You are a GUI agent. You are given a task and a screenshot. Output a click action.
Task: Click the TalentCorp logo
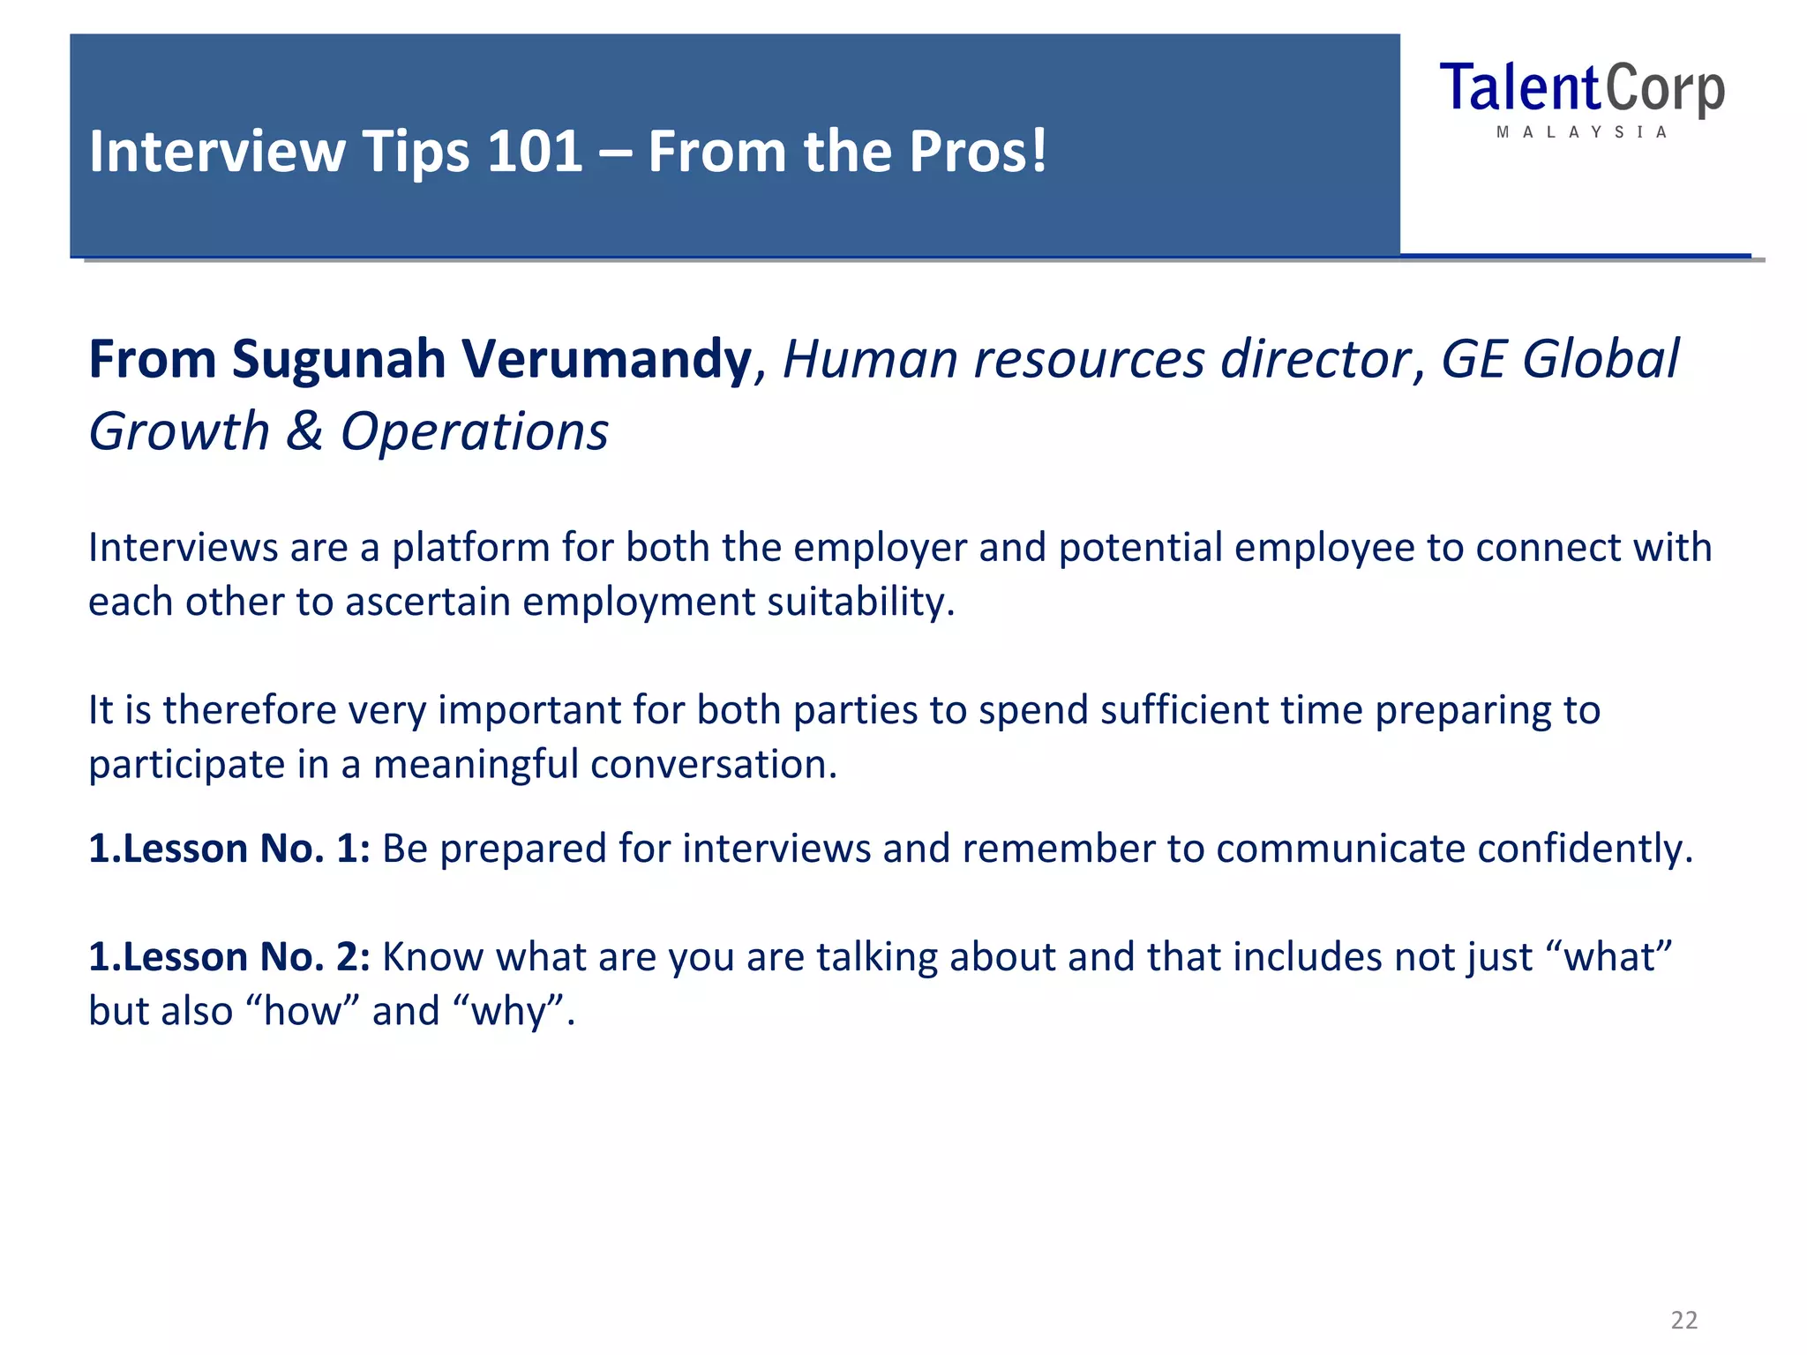(1582, 90)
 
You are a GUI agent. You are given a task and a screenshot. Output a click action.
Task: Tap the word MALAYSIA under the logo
(1582, 132)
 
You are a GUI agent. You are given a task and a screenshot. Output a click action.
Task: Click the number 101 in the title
(535, 152)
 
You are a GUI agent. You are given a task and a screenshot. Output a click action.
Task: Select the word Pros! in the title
(978, 152)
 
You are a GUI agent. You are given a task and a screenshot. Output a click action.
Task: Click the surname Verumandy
(607, 360)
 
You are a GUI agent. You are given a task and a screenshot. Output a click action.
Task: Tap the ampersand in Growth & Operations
(304, 432)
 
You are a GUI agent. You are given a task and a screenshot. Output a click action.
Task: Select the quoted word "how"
(305, 1011)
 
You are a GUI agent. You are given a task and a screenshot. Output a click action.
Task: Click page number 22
(1683, 1320)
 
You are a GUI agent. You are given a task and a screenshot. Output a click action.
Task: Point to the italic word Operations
(475, 432)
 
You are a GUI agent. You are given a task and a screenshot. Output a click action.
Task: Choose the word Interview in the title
(217, 152)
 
